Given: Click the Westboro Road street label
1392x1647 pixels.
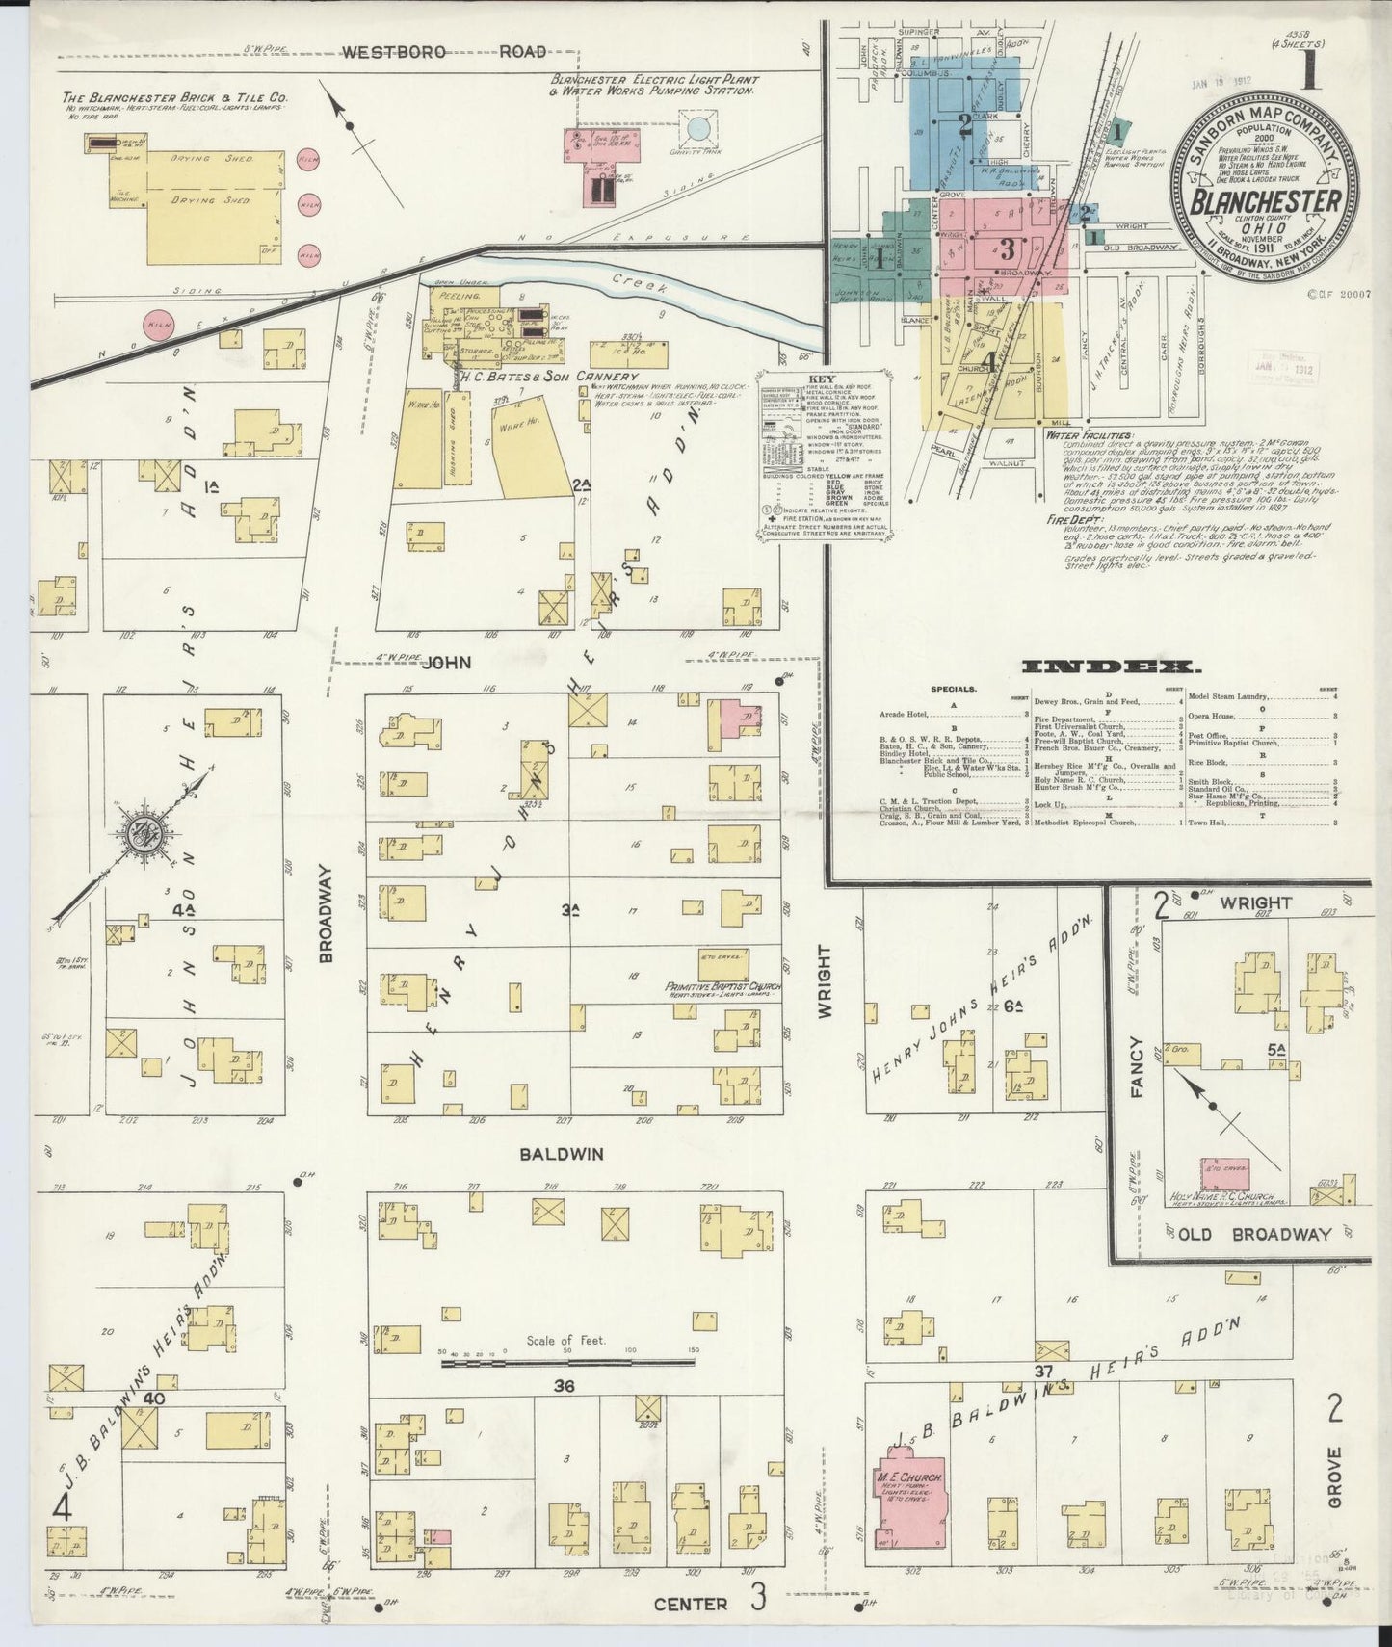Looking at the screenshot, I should click(x=444, y=52).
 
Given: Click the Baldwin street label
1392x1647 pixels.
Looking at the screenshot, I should click(x=562, y=1153).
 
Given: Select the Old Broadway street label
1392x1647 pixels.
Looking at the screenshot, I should click(x=1251, y=1234).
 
